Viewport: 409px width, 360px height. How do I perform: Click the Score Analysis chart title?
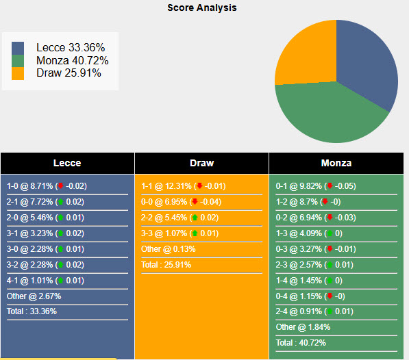click(x=202, y=8)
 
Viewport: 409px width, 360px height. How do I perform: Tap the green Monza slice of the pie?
click(x=329, y=116)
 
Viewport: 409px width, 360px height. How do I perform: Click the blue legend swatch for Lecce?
click(x=18, y=48)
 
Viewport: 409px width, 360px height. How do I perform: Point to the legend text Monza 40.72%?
click(x=72, y=60)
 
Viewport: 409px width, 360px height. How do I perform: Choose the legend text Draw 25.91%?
click(x=69, y=73)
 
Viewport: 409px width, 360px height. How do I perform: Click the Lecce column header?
click(x=67, y=163)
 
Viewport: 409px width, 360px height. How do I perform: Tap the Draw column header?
click(x=201, y=163)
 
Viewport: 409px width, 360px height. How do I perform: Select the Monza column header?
click(x=336, y=163)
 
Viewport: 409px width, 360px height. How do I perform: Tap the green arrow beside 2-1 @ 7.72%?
click(x=60, y=202)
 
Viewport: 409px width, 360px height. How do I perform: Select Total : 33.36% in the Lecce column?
click(x=32, y=311)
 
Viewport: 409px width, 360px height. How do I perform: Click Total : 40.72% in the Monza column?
click(x=301, y=342)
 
